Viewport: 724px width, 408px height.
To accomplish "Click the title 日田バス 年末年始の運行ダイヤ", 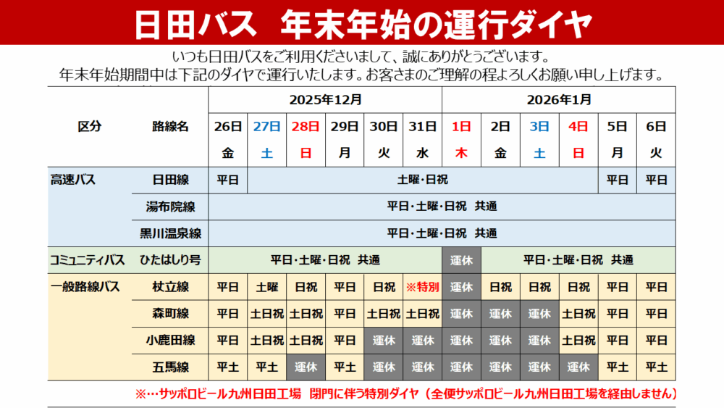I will tap(362, 24).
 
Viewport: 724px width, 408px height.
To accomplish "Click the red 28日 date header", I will tap(306, 126).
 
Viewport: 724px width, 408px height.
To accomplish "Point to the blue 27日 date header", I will tap(266, 126).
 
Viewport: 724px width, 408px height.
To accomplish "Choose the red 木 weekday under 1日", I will tap(461, 153).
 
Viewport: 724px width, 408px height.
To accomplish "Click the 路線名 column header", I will tap(170, 126).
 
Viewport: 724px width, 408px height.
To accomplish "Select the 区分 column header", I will tap(90, 126).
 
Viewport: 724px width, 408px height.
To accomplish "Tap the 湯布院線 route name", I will tap(170, 207).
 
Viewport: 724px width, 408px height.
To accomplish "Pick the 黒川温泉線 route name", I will tap(170, 233).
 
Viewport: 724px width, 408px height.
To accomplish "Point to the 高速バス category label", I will tap(72, 180).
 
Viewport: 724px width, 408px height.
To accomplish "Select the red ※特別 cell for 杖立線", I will tap(422, 287).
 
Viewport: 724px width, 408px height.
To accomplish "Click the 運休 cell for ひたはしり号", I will tap(461, 260).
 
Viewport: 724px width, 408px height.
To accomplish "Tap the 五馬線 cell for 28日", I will tap(306, 367).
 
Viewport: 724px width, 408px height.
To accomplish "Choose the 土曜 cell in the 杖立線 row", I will tap(266, 287).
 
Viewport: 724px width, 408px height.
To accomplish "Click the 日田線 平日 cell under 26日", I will tap(227, 180).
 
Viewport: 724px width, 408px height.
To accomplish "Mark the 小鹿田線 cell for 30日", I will tap(384, 341).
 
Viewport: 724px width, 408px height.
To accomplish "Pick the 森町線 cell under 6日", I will tap(656, 314).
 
